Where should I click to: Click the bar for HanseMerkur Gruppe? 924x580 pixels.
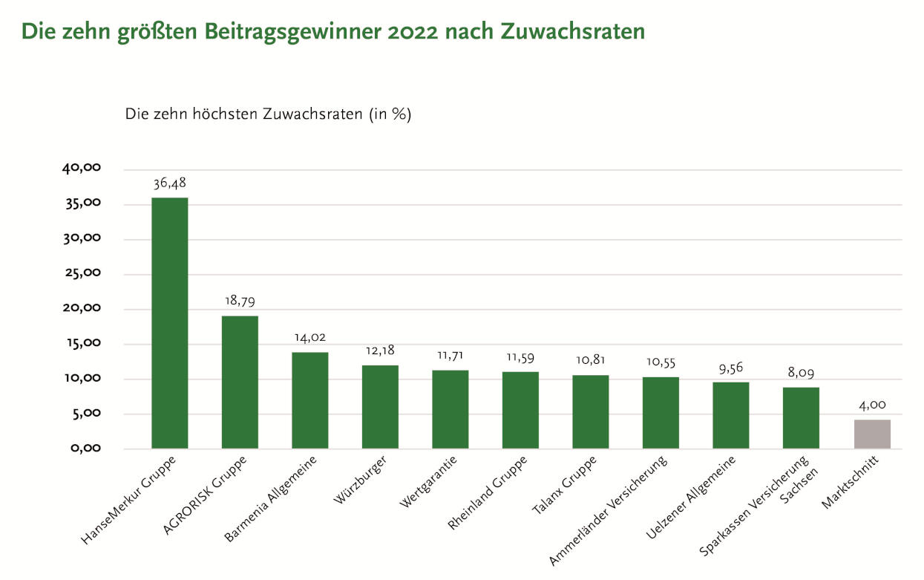point(169,323)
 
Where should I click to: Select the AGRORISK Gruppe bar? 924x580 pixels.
point(240,382)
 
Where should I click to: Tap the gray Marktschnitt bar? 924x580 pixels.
point(871,434)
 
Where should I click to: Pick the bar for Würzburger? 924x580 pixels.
point(380,407)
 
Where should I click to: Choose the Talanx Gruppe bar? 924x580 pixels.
point(590,412)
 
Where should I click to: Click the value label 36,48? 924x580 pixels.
point(169,183)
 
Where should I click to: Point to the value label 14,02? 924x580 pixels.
point(310,338)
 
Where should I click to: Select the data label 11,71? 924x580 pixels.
point(450,355)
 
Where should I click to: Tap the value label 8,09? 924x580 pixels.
point(801,373)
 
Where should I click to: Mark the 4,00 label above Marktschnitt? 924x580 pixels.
point(871,405)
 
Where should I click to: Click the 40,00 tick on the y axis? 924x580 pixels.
point(82,169)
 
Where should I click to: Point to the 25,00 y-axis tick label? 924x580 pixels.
point(82,273)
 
